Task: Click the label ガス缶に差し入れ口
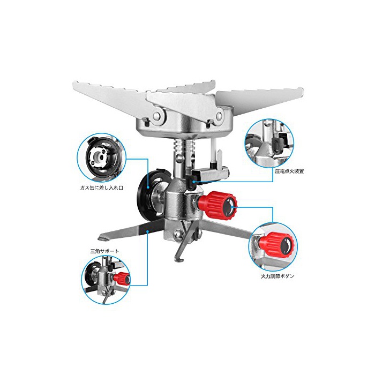pos(102,187)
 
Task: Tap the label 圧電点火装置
pos(289,171)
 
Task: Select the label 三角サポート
pos(104,251)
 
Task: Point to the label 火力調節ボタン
pos(277,276)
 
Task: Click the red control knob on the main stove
pos(217,205)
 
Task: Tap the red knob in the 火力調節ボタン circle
pos(277,246)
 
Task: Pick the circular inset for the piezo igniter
pos(269,143)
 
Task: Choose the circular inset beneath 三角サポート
pos(106,280)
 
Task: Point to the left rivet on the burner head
pos(157,116)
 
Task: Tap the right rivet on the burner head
pos(219,116)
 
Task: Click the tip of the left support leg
pos(101,237)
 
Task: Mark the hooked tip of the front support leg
pos(177,259)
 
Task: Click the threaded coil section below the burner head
pos(184,145)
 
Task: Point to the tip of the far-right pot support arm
pos(302,92)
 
